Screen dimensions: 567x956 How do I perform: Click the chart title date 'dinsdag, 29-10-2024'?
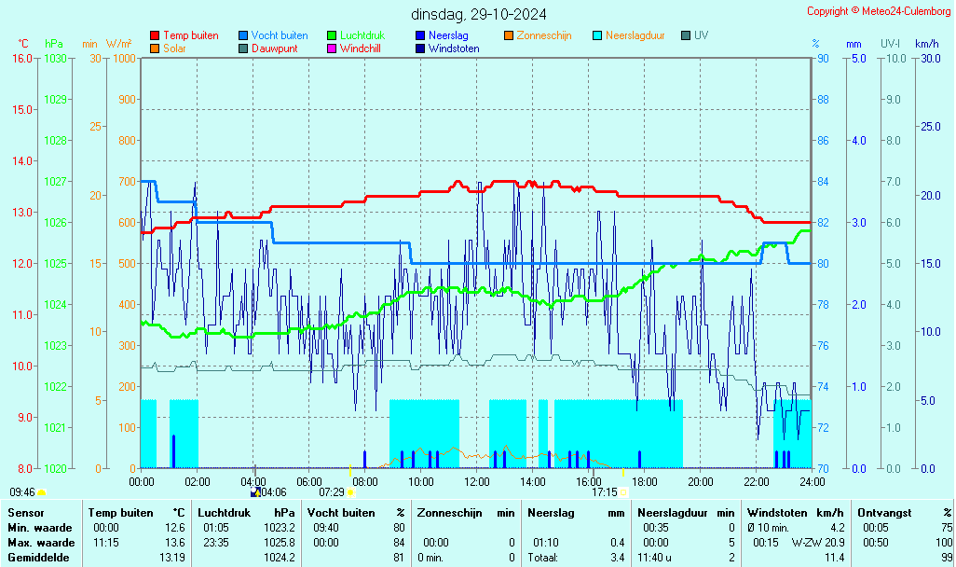[478, 14]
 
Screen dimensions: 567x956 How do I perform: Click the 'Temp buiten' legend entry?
[190, 35]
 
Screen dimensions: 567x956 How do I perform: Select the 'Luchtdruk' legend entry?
[362, 35]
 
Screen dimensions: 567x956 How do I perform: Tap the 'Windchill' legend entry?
[360, 48]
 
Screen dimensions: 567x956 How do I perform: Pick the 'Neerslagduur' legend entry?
[635, 35]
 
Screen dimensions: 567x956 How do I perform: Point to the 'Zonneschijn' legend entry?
[543, 35]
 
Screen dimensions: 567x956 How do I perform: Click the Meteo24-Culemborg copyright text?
[879, 11]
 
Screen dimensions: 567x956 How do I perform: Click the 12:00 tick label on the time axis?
[476, 482]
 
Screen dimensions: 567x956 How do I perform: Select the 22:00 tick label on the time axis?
[756, 482]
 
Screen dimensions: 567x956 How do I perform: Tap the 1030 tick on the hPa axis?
[55, 59]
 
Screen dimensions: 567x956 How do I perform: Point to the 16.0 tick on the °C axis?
[21, 59]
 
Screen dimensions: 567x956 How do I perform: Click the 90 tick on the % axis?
[823, 59]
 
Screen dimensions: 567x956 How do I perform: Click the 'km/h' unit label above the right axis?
[926, 44]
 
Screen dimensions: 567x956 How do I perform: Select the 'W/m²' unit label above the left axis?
[118, 44]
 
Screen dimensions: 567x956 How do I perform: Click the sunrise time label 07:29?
[332, 492]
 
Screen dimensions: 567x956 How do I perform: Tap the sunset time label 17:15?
[604, 492]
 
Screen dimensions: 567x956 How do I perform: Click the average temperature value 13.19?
[171, 558]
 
